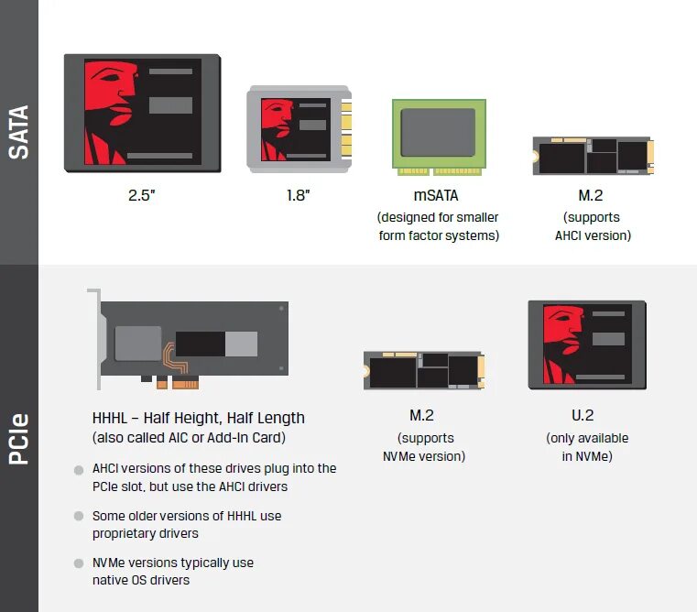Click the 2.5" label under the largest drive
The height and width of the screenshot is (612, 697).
point(142,195)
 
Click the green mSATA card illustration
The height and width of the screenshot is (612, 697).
point(439,134)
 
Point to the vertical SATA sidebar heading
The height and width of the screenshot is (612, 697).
point(19,132)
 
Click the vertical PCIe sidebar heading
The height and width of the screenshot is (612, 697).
point(19,439)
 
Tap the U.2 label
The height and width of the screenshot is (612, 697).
point(583,415)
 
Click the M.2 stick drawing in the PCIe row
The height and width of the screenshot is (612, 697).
point(423,371)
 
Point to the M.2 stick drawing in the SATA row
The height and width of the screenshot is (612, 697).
point(593,156)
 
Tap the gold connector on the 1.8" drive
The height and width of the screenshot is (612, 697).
point(346,129)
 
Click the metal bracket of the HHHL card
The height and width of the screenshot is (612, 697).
point(93,339)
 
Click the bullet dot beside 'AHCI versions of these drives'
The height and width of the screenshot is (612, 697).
point(79,470)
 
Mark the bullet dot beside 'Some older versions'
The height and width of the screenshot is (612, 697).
point(79,518)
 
